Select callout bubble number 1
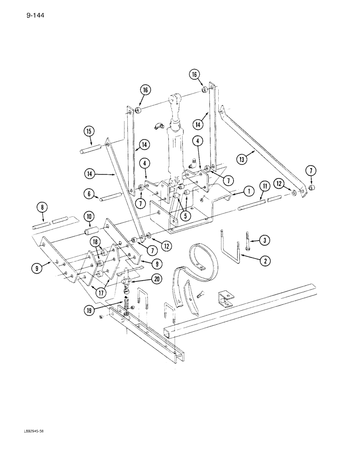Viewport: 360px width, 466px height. [249, 191]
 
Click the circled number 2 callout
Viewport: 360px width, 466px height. [264, 260]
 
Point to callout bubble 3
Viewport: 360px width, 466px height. [264, 240]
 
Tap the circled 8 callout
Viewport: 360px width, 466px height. [43, 207]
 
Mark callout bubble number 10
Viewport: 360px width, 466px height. [89, 216]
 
